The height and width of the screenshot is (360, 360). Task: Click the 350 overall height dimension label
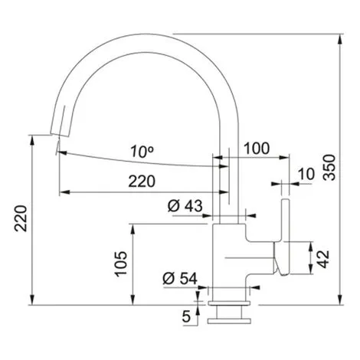pos(329,168)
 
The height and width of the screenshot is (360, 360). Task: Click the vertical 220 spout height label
pos(21,218)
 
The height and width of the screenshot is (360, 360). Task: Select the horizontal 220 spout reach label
pos(142,182)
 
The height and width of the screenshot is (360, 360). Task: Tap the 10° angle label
pos(142,152)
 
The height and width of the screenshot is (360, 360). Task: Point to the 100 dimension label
pos(257,149)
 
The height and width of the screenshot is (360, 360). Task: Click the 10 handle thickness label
pos(306,174)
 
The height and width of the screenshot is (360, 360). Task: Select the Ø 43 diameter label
pos(185,206)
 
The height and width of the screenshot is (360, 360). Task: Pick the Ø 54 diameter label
pos(180,278)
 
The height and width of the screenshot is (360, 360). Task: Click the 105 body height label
pos(121,264)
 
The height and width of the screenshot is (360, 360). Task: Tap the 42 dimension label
pos(324,259)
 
